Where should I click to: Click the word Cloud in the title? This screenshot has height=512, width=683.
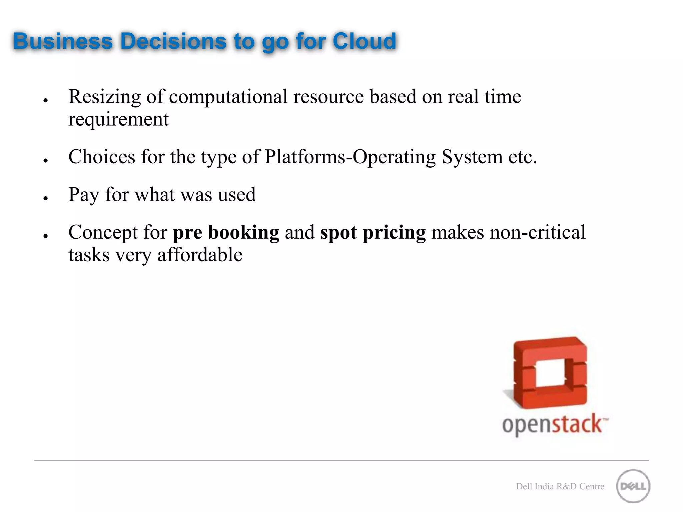tap(364, 41)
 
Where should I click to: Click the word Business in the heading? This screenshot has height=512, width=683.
tap(63, 41)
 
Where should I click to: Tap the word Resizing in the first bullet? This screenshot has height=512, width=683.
tap(104, 97)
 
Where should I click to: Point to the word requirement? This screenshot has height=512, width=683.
tap(118, 119)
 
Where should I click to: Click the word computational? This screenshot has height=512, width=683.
tap(228, 97)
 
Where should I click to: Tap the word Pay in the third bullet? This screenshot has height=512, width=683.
tap(83, 195)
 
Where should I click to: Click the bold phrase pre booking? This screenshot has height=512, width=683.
tap(226, 232)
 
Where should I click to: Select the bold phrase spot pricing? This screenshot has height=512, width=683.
tap(373, 232)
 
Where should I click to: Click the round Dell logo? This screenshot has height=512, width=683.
tap(633, 486)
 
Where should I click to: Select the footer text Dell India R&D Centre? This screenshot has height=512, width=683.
tap(560, 486)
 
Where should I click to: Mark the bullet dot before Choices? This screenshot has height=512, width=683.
tap(46, 161)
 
